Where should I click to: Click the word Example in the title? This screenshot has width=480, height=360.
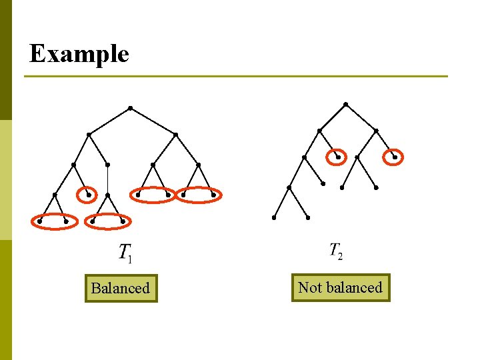79,53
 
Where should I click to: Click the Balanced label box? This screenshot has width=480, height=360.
121,289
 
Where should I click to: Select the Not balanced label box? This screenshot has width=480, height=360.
340,288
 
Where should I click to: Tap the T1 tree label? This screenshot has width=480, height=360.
125,252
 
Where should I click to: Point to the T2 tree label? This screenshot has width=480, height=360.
336,251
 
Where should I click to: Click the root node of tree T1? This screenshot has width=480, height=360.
130,108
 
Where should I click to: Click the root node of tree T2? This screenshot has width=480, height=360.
345,104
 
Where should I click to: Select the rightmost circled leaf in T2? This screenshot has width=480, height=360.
395,157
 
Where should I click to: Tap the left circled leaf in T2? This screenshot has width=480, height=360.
338,157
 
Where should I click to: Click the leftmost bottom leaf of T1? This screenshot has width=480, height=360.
40,221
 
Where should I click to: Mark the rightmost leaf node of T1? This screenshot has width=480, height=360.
213,195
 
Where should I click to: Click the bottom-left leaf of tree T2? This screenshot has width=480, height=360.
273,217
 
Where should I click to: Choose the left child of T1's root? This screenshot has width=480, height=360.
89,135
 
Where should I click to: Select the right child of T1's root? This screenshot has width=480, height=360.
175,135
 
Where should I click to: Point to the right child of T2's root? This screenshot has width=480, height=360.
376,131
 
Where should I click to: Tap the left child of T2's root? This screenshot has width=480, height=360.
319,131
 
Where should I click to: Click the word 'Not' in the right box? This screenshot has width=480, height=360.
310,288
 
